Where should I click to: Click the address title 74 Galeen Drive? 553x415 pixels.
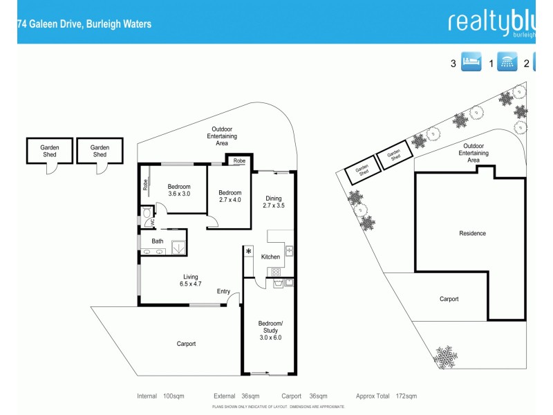84,24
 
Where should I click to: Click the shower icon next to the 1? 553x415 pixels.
508,63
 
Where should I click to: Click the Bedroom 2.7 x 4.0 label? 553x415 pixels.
230,196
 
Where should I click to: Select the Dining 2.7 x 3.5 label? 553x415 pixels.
274,202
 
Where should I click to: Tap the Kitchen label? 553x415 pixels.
270,257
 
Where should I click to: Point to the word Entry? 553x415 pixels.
223,291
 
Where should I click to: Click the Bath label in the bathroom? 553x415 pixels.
158,241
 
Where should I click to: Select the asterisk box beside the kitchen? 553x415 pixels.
248,252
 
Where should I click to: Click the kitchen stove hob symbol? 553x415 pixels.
274,272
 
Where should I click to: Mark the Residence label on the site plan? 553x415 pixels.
472,234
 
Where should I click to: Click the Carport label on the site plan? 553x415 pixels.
449,299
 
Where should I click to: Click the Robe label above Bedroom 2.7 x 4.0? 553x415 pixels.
239,161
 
